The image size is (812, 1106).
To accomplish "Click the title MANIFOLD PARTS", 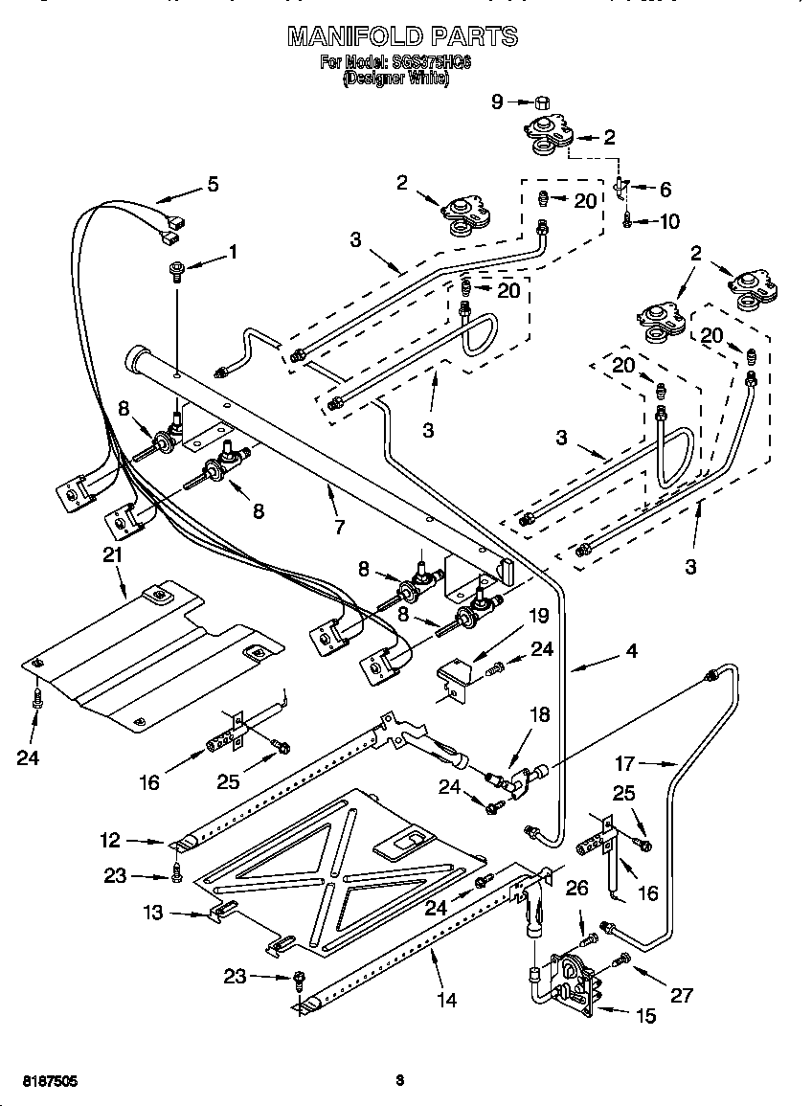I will [402, 37].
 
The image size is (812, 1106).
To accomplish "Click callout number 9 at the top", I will [497, 102].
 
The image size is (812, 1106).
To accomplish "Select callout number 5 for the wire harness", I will [213, 184].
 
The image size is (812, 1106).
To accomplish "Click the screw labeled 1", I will [178, 270].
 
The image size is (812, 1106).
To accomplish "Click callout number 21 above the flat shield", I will [113, 555].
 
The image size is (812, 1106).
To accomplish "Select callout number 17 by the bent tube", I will [625, 763].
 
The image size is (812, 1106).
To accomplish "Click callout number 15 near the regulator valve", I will [645, 1016].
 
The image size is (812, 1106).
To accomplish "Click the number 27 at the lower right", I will [680, 995].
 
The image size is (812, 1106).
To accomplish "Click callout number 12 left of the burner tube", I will [111, 841].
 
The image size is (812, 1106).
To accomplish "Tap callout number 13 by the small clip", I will [152, 914].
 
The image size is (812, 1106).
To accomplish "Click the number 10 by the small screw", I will [669, 221].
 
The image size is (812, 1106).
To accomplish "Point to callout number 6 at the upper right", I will [665, 190].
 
